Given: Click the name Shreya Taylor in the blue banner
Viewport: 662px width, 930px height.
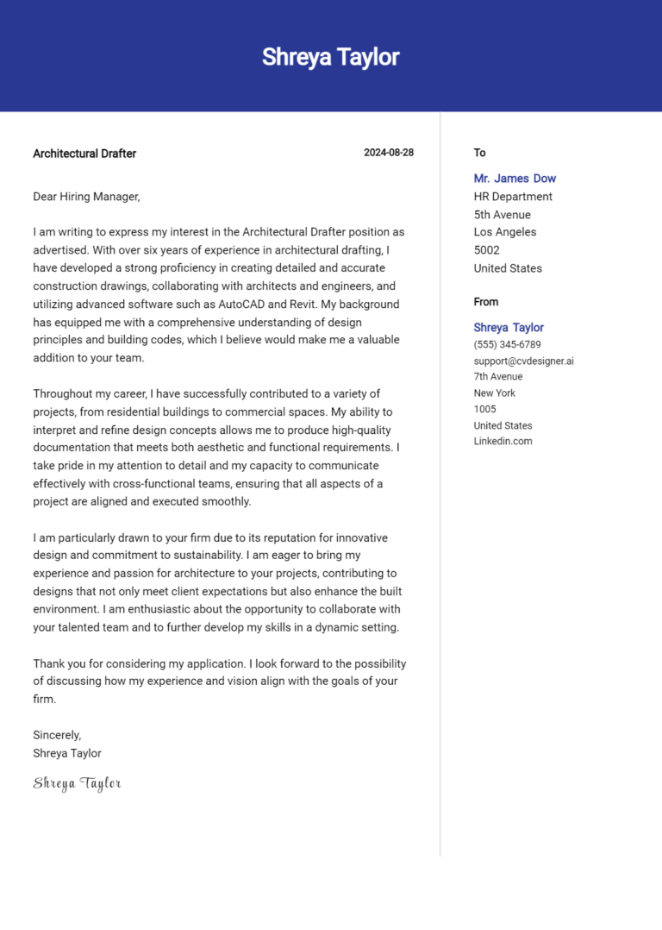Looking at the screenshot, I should pos(330,57).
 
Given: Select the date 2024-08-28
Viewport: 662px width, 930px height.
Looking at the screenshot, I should pos(388,153).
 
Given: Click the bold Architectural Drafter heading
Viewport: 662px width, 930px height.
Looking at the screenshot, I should pos(84,154).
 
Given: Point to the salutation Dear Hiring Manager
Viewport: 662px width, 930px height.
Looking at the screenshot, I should pos(86,197).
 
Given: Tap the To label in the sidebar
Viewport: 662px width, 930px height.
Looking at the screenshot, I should pos(480,153).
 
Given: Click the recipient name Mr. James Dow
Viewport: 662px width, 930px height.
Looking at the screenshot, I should pos(515,179).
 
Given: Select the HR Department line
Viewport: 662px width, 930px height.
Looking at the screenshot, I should pos(513,197).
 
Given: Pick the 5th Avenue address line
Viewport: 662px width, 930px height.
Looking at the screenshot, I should pos(502,215).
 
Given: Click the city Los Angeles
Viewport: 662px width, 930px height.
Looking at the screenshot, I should pos(504,232).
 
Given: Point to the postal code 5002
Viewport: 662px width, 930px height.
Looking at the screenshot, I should pos(486,250).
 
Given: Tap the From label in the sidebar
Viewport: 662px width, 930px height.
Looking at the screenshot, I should pos(485,302).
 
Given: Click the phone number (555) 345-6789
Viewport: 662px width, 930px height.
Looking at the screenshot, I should pos(507,344).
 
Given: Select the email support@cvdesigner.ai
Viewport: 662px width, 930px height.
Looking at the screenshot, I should pos(523,361).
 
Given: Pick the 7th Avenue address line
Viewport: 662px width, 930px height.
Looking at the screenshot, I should pos(497,376).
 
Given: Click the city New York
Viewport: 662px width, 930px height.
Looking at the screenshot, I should pos(495,393).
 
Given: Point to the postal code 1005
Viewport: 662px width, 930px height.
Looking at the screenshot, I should pos(485,409).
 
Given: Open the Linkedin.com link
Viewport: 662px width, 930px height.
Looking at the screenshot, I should pos(503,441).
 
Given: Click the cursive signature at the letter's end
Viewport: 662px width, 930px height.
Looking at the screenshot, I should pos(77,783).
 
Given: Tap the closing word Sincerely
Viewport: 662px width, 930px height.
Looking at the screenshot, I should pos(57,735).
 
